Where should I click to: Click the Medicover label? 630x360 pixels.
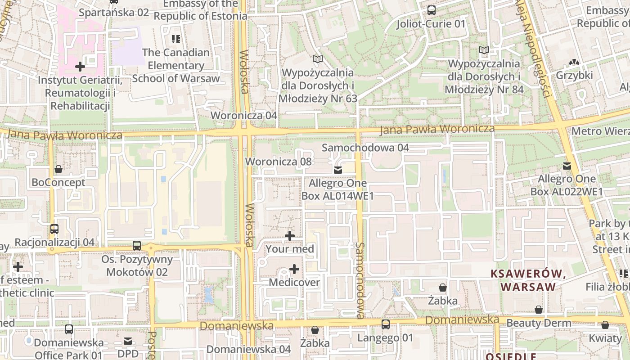coord(294,283)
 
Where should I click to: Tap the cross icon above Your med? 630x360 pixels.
coord(290,235)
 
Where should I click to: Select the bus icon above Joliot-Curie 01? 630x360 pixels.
coord(431,10)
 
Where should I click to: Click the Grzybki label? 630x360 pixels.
coord(574,75)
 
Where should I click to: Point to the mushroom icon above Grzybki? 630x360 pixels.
coord(574,62)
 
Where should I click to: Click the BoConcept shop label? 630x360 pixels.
coord(58,182)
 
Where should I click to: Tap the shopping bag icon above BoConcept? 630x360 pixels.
coord(58,169)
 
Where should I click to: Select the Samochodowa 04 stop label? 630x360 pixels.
coord(365,148)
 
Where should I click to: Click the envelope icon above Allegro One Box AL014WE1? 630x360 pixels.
coord(337,170)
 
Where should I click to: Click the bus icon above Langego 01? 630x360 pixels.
coord(386,324)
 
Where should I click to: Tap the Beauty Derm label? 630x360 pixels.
coord(539,323)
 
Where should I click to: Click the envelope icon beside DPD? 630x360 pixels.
coord(128,341)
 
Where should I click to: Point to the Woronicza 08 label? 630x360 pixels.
coord(278,161)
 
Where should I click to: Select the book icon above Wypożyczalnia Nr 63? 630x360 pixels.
coord(318,59)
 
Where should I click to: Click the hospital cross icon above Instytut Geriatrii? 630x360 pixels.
coord(80,67)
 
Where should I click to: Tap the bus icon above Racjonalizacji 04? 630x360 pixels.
coord(54,229)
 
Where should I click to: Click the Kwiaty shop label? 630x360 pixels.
coord(605,338)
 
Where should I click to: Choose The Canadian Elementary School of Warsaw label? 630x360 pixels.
coord(176,65)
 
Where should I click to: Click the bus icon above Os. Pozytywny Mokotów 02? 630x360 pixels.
coord(137,246)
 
